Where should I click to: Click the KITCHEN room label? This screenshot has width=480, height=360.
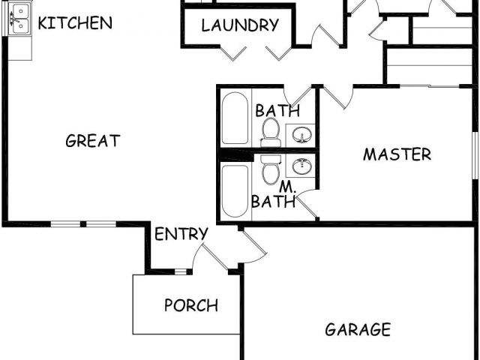point(75,22)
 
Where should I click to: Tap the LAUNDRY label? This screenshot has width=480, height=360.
point(240,25)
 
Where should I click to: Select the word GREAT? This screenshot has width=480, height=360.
point(93,140)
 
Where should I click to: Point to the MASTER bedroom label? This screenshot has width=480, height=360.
point(397,154)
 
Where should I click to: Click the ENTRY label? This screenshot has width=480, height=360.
point(181,234)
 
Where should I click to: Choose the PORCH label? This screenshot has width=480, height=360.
point(191,305)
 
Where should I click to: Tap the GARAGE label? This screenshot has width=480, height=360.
point(358,329)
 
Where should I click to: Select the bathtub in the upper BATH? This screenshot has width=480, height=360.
point(235,118)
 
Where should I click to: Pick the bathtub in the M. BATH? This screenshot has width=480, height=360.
point(235,190)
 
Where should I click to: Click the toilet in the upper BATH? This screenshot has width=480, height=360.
point(271,133)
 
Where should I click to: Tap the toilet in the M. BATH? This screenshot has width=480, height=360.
point(271,169)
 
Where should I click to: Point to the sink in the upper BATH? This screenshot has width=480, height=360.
point(301,134)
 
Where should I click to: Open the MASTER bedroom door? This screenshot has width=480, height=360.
point(337,98)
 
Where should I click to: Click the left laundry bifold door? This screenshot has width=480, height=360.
point(233,52)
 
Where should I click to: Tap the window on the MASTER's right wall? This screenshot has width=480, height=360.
point(475,154)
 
